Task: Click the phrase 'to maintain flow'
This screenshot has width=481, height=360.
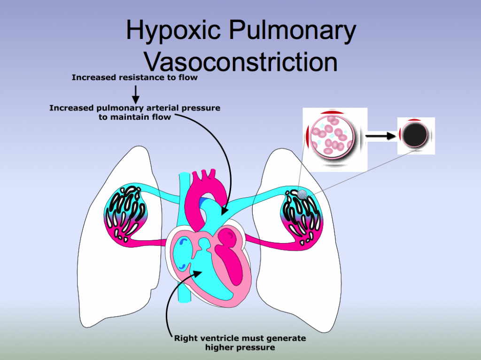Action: click(135, 117)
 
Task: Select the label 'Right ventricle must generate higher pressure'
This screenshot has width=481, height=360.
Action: click(240, 343)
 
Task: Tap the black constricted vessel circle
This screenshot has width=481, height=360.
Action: click(415, 136)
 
